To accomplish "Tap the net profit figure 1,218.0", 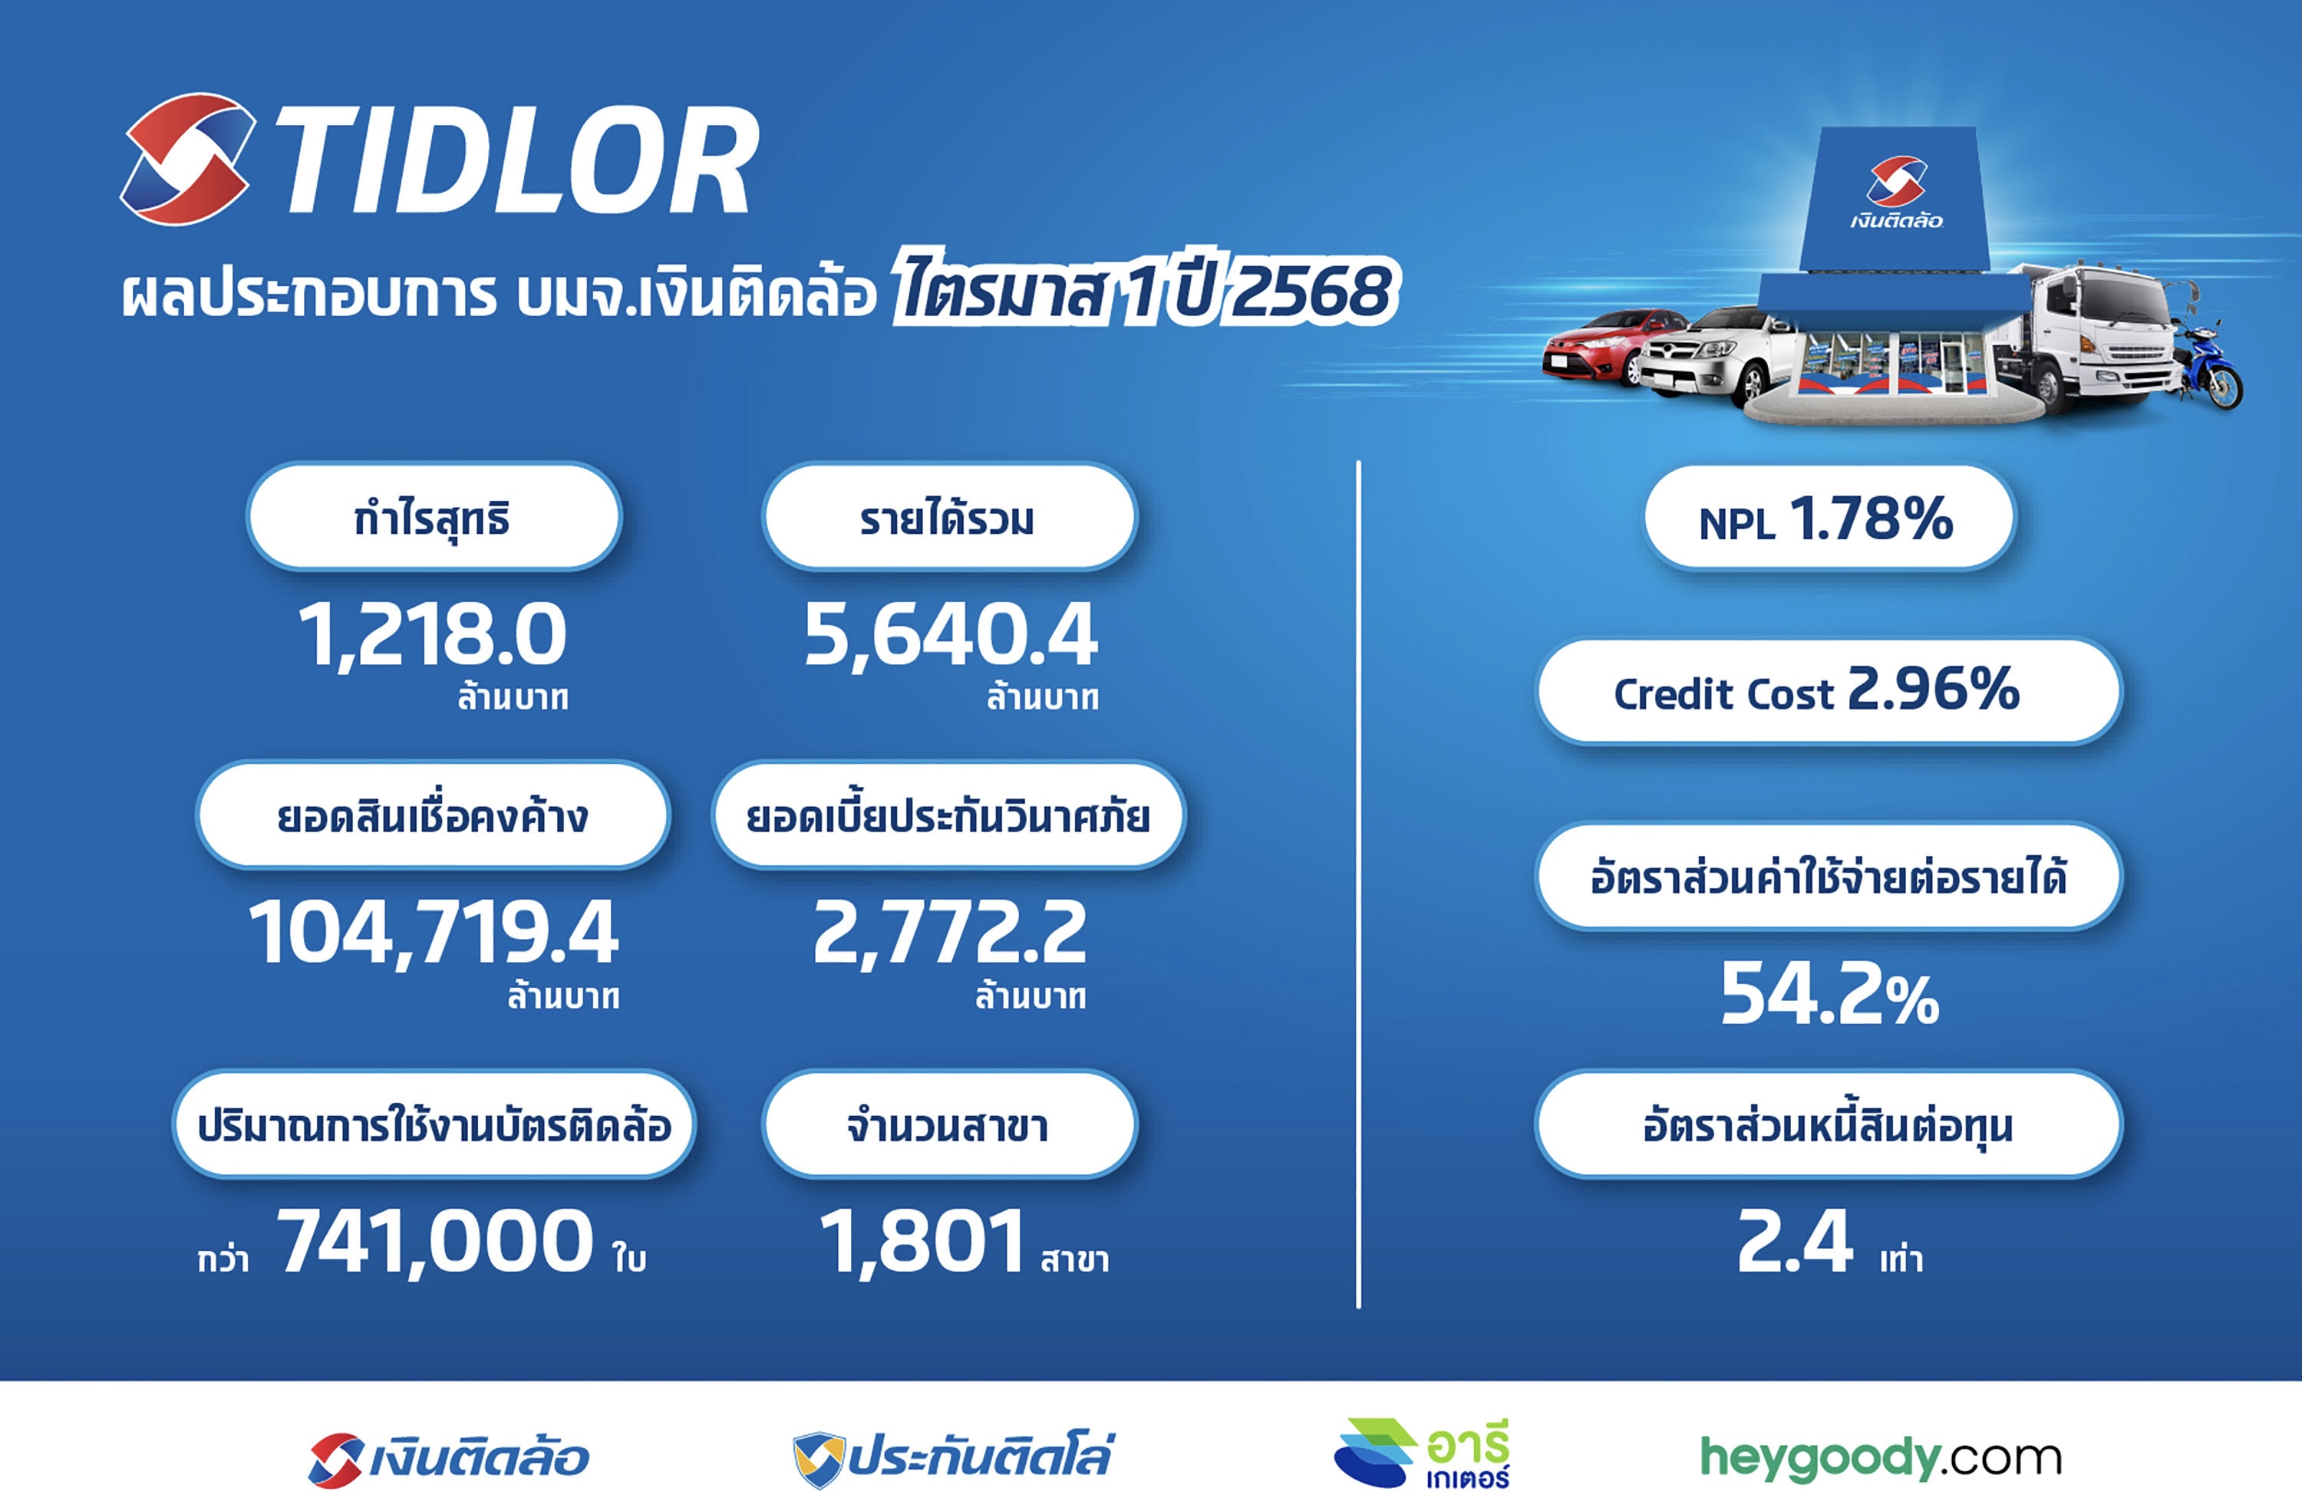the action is [432, 634].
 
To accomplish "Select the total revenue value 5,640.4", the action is [951, 634].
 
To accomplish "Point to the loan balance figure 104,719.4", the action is [434, 932].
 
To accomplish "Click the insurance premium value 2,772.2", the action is [950, 932].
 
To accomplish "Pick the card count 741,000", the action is [435, 1242].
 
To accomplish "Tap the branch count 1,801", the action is [922, 1242].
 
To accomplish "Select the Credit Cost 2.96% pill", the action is [1828, 691].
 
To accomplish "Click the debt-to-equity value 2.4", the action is [1795, 1242].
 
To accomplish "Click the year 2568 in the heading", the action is [1313, 290].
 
